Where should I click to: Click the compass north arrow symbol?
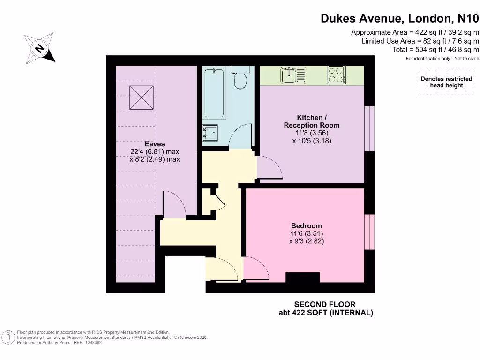(x=40, y=48)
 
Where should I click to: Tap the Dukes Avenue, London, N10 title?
(x=400, y=18)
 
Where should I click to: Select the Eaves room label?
(x=155, y=144)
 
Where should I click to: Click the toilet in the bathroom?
(x=241, y=79)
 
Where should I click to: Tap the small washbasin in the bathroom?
(x=210, y=133)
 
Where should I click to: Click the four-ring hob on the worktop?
(x=336, y=75)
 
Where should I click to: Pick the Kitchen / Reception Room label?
(x=312, y=121)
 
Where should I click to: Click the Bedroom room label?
(x=307, y=226)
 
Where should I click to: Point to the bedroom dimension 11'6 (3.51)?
(x=307, y=233)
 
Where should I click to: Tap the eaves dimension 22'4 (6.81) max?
(x=155, y=152)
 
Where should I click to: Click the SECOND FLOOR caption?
(x=325, y=304)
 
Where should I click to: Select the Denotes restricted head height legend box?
(x=446, y=82)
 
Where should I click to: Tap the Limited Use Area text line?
(x=420, y=41)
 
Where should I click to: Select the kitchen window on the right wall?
(x=370, y=128)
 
